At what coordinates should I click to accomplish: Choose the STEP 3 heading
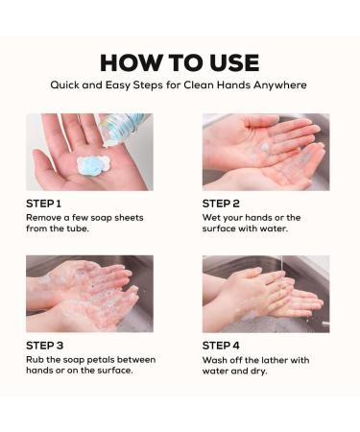click(44, 346)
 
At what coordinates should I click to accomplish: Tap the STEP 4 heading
click(223, 346)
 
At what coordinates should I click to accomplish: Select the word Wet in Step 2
click(212, 218)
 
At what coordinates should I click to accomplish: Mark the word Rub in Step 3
click(35, 360)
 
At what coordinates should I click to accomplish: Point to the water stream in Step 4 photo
click(278, 271)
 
